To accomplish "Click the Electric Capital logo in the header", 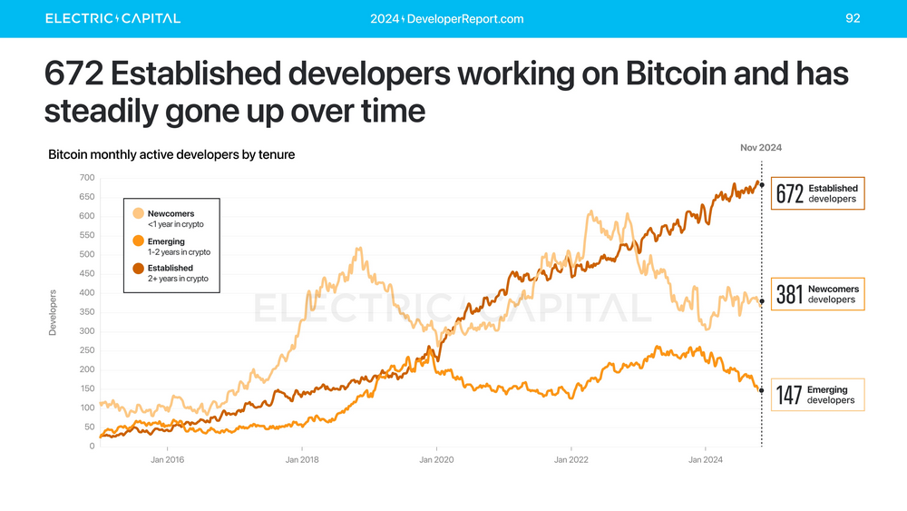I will pos(112,18).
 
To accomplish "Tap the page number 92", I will pos(852,18).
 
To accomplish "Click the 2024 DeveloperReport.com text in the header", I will pos(447,19).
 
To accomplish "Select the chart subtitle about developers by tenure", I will pos(171,155).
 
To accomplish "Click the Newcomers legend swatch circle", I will pos(139,213).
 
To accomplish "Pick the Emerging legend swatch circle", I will pos(139,241).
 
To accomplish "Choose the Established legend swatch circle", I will pos(139,269).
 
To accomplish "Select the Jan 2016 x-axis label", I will pos(168,460).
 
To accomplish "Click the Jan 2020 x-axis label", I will pos(437,460).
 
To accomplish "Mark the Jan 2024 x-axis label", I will pos(706,460).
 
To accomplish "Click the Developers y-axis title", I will pos(53,313).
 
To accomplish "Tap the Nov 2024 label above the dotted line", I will pos(760,147).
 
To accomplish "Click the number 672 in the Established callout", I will pos(790,194).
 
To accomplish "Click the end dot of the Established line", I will pos(762,185).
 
